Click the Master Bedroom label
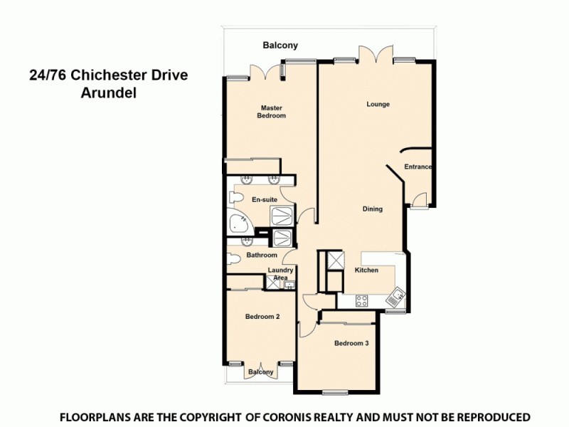click(x=272, y=112)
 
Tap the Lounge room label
click(x=378, y=105)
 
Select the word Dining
click(x=372, y=209)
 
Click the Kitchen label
click(x=366, y=270)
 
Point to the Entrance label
click(x=418, y=167)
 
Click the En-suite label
click(x=265, y=200)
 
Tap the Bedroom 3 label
click(x=351, y=344)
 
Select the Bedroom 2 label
click(x=262, y=317)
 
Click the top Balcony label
click(x=280, y=46)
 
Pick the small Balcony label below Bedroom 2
click(x=261, y=372)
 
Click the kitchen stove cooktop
click(x=361, y=301)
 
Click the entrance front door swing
click(x=419, y=200)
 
